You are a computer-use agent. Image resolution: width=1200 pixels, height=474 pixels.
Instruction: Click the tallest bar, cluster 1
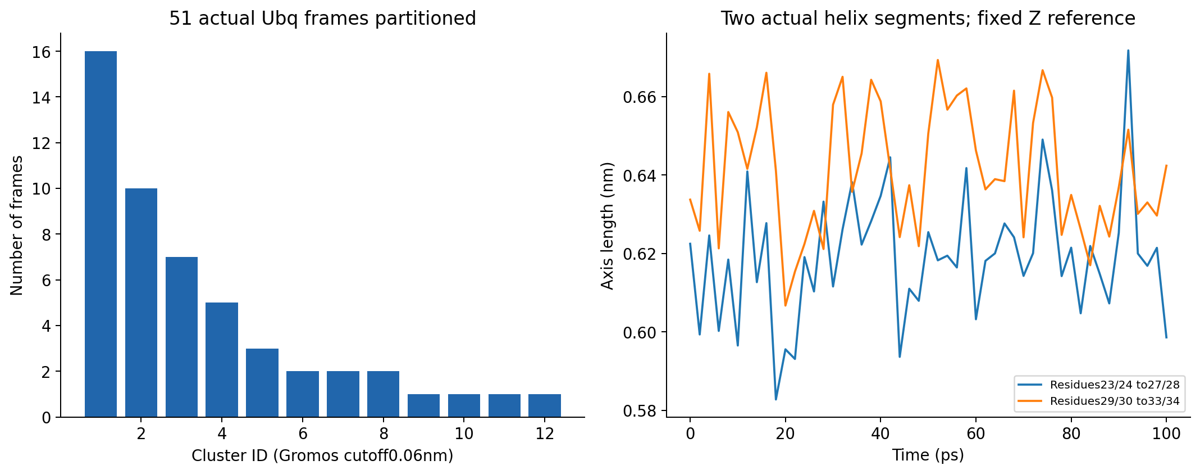(101, 234)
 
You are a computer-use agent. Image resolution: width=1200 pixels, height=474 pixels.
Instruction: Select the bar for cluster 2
(141, 303)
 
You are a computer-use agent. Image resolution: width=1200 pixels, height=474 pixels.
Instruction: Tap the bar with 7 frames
(181, 337)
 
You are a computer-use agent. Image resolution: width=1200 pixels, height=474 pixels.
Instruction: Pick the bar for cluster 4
(222, 360)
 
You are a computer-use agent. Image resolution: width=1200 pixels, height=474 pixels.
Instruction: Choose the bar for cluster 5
(262, 383)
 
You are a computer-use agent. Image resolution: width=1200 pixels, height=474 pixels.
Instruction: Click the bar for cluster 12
(545, 405)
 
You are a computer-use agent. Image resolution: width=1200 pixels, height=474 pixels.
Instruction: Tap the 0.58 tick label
(639, 411)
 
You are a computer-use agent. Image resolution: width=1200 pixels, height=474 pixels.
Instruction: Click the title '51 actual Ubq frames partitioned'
(322, 19)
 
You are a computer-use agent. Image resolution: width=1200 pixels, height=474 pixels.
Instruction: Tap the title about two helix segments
(928, 19)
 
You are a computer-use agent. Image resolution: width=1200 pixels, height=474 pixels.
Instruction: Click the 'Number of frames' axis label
(17, 225)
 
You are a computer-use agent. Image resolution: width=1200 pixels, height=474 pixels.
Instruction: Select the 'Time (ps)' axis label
(928, 455)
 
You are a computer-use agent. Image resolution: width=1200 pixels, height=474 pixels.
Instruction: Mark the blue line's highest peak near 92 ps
(1128, 51)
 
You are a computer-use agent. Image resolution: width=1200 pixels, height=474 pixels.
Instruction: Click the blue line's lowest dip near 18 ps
(776, 399)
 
